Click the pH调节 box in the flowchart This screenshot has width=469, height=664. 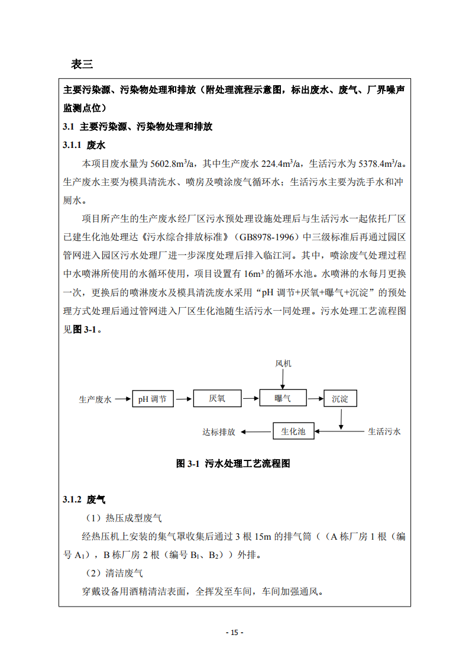click(153, 399)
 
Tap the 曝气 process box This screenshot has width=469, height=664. click(283, 398)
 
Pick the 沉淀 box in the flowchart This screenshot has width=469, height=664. click(340, 399)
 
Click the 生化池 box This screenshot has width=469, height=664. click(293, 431)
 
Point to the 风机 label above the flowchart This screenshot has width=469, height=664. click(283, 363)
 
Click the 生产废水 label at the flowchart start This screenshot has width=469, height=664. click(95, 399)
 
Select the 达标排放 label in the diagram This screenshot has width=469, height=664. click(219, 432)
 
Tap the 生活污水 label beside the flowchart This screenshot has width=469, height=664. click(384, 431)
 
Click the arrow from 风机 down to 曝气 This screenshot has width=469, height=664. click(283, 379)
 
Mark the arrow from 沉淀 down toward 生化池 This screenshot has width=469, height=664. click(341, 418)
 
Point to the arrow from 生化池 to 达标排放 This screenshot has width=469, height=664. click(255, 432)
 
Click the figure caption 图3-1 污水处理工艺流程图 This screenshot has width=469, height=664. click(234, 464)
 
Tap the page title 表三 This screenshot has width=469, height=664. click(82, 64)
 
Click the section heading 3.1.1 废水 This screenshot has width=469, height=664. click(84, 145)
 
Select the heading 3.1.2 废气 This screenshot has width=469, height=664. click(84, 500)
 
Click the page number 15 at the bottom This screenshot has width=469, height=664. click(235, 632)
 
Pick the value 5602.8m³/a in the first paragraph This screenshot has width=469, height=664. click(174, 163)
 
